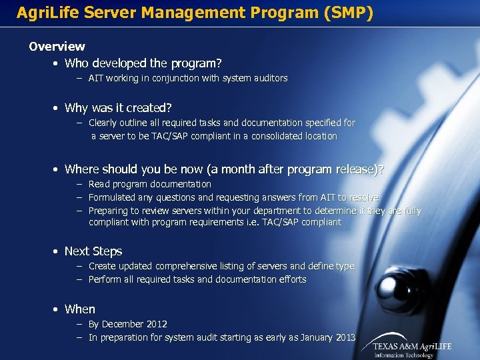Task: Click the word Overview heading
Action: pos(57,46)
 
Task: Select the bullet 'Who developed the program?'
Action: pos(143,63)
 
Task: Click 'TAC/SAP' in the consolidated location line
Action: pos(174,136)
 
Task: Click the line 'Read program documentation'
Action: pos(149,184)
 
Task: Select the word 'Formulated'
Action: pos(113,197)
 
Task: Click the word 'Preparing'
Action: pos(110,211)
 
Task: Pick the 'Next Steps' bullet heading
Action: pos(93,251)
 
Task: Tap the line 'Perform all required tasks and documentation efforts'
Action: pos(197,279)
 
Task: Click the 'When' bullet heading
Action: pos(79,309)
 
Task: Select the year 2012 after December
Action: pos(156,324)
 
